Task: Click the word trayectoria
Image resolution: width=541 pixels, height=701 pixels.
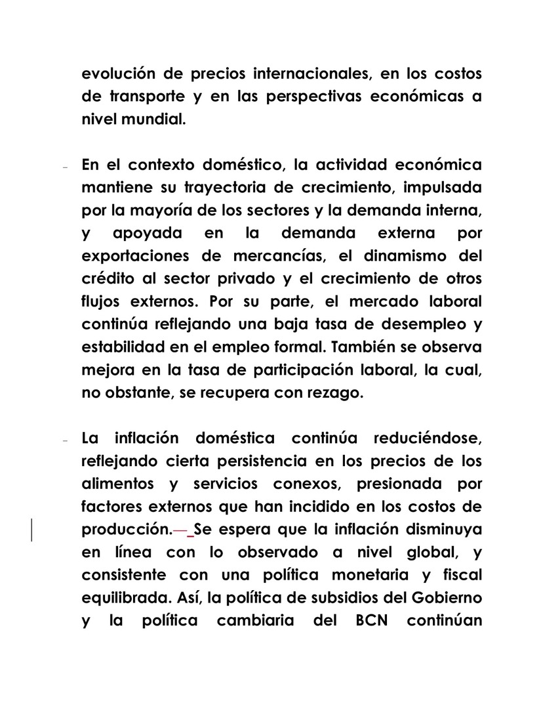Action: [x=211, y=187]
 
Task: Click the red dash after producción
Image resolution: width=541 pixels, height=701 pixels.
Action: [x=180, y=530]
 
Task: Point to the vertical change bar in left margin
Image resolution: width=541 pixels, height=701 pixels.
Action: [x=31, y=530]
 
